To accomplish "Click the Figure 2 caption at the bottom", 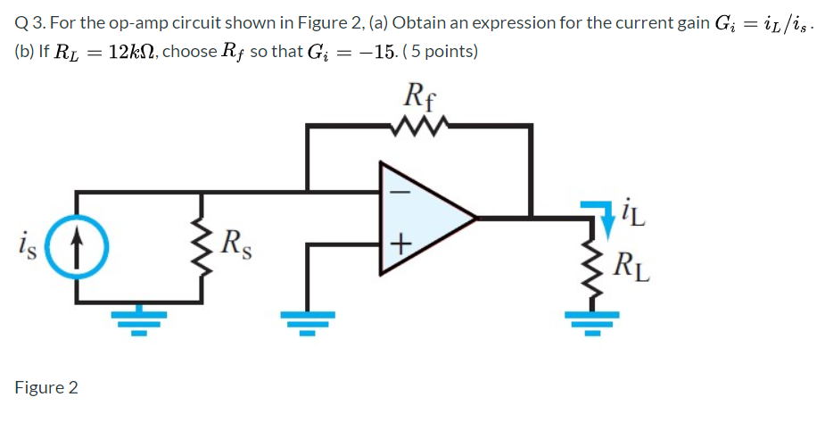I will [x=46, y=387].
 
